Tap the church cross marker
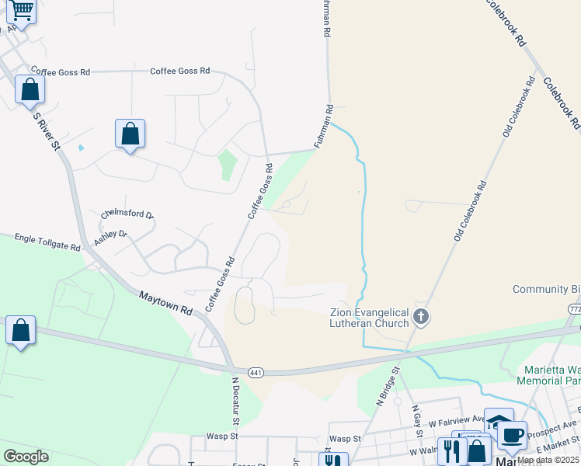pos(420,316)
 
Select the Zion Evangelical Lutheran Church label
pos(369,318)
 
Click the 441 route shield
pos(255,374)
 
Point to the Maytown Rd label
pos(165,301)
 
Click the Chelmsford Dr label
pos(127,214)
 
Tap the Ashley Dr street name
pos(110,237)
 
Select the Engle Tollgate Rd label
pos(47,241)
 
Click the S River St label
pos(47,129)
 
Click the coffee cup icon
pos(512,435)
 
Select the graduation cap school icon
pos(498,423)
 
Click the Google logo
pos(26,457)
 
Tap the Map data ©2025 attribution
pos(547,459)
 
